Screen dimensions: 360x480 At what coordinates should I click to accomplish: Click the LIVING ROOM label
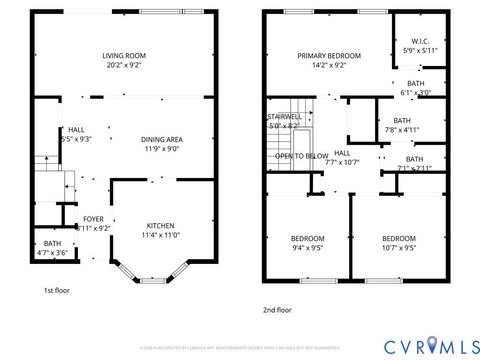pos(125,56)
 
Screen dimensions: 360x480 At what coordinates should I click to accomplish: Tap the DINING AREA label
pos(161,139)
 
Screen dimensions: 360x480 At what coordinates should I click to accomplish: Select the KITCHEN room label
pos(160,225)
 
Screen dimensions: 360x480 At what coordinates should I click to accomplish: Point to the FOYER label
pos(93,218)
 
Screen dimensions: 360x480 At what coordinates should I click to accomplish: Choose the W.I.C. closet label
pos(419,41)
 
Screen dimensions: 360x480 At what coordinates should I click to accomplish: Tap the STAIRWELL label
pos(284,117)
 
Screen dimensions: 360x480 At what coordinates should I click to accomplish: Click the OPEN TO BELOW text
pos(302,156)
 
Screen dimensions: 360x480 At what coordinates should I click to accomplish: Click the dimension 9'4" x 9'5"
pos(307,247)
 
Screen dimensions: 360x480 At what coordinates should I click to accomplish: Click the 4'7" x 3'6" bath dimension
pos(53,253)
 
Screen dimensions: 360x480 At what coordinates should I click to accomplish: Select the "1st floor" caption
pos(56,290)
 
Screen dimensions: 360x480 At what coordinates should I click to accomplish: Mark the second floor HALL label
pos(342,153)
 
